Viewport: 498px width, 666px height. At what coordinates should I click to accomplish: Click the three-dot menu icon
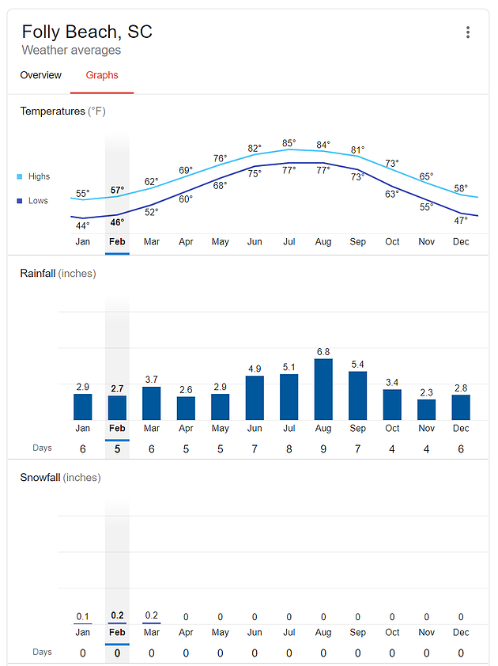(468, 32)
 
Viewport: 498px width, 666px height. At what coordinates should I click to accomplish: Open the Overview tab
(41, 75)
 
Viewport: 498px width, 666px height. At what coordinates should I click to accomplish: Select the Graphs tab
(102, 75)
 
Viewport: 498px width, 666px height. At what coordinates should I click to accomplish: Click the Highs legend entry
(34, 176)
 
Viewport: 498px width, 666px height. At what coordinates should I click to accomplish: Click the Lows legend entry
(34, 201)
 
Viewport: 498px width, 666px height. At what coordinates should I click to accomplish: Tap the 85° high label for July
(289, 144)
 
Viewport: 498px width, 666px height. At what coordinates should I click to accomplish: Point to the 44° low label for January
(82, 225)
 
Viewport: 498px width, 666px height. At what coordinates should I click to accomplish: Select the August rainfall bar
(323, 389)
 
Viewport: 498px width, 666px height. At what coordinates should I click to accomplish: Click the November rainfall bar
(426, 409)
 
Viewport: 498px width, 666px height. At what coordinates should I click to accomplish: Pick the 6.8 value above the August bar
(323, 351)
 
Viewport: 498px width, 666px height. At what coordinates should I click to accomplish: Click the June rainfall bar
(255, 398)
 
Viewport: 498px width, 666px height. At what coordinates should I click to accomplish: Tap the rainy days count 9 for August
(323, 448)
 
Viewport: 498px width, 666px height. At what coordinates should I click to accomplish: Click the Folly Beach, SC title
(87, 32)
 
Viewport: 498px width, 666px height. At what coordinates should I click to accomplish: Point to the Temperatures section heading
(62, 112)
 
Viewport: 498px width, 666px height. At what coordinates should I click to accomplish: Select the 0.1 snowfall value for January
(83, 616)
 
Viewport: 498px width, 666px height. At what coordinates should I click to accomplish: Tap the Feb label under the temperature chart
(117, 241)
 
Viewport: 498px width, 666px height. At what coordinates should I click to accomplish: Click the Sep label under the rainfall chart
(357, 428)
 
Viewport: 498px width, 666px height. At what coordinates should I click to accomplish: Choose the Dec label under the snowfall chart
(461, 632)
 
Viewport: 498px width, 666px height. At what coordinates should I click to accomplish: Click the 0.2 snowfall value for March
(152, 616)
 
